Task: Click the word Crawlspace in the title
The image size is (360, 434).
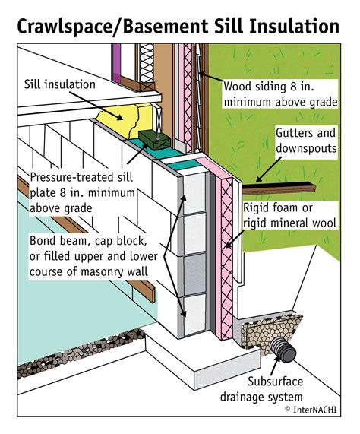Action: click(x=67, y=27)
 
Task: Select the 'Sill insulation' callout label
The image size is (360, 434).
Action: click(x=59, y=85)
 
